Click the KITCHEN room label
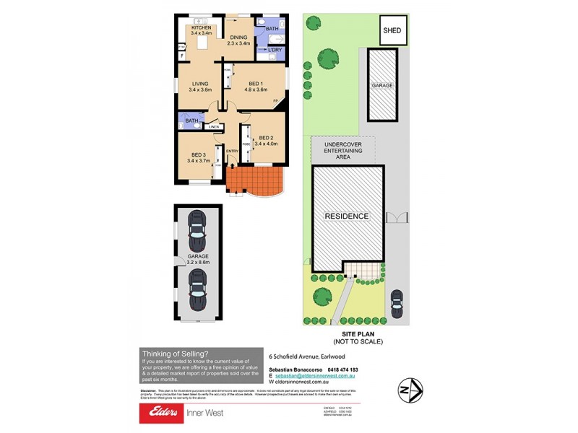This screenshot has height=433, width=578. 201,27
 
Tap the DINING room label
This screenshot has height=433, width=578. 238,38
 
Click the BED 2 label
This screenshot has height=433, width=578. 266,138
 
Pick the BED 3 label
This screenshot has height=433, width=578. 199,155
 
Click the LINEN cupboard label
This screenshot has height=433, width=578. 213,127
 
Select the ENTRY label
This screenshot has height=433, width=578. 232,151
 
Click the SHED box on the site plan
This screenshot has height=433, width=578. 392,30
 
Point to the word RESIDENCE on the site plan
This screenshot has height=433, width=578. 346,216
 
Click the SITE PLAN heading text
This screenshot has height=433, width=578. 357,334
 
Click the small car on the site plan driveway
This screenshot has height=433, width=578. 396,299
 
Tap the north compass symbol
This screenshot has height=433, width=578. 411,390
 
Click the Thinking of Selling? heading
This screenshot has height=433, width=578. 176,353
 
